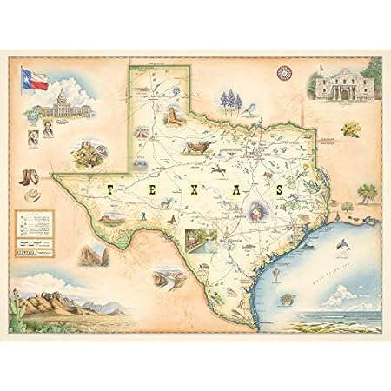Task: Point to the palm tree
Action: [368, 190]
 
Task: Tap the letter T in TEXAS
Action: [109, 187]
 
